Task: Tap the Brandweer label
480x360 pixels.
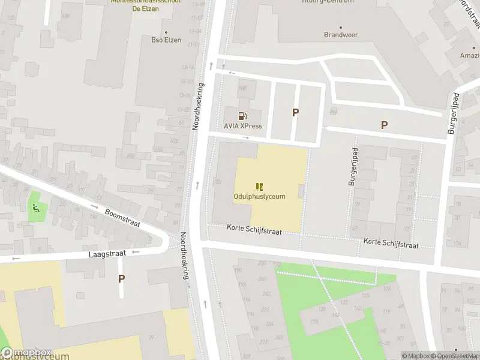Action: (341, 35)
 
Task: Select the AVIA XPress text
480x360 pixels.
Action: (243, 126)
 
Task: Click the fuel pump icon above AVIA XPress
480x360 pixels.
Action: (242, 116)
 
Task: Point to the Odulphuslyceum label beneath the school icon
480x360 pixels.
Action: (259, 196)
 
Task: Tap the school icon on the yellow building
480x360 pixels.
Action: (259, 187)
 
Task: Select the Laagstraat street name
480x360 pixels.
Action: (107, 254)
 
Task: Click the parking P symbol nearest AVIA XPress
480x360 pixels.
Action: (295, 112)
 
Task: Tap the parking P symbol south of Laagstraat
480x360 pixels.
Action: (121, 278)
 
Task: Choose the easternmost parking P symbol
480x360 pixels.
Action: (384, 125)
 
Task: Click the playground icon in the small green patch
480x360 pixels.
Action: (35, 209)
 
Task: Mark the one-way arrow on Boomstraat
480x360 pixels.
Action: (94, 206)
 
